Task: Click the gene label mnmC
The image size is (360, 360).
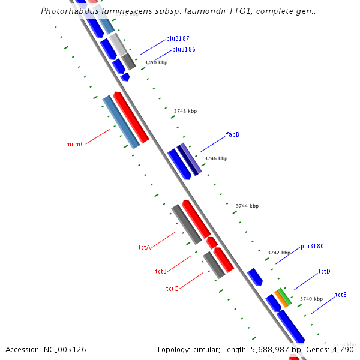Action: (75, 145)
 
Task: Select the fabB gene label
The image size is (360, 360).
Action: (232, 134)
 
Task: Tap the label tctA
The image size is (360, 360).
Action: (144, 247)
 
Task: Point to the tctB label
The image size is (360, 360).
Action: (161, 272)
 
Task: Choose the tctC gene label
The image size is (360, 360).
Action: (172, 289)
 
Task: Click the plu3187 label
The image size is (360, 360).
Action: (178, 39)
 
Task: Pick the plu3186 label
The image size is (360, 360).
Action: (184, 50)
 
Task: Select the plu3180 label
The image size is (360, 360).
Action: (312, 246)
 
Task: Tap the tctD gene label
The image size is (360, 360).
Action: (324, 272)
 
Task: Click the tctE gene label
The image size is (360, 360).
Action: (341, 295)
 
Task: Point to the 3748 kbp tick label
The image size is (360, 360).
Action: (185, 111)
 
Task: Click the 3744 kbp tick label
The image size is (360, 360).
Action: (247, 206)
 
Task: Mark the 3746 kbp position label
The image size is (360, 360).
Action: (216, 159)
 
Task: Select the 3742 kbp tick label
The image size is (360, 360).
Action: (279, 253)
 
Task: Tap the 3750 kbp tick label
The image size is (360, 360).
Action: (156, 62)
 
